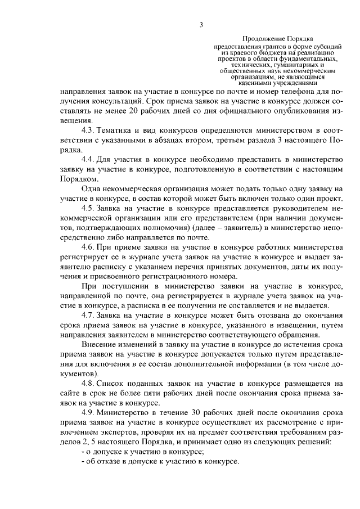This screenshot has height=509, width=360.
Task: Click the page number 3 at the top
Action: pyautogui.click(x=200, y=24)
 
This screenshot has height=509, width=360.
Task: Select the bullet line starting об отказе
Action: pyautogui.click(x=160, y=460)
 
